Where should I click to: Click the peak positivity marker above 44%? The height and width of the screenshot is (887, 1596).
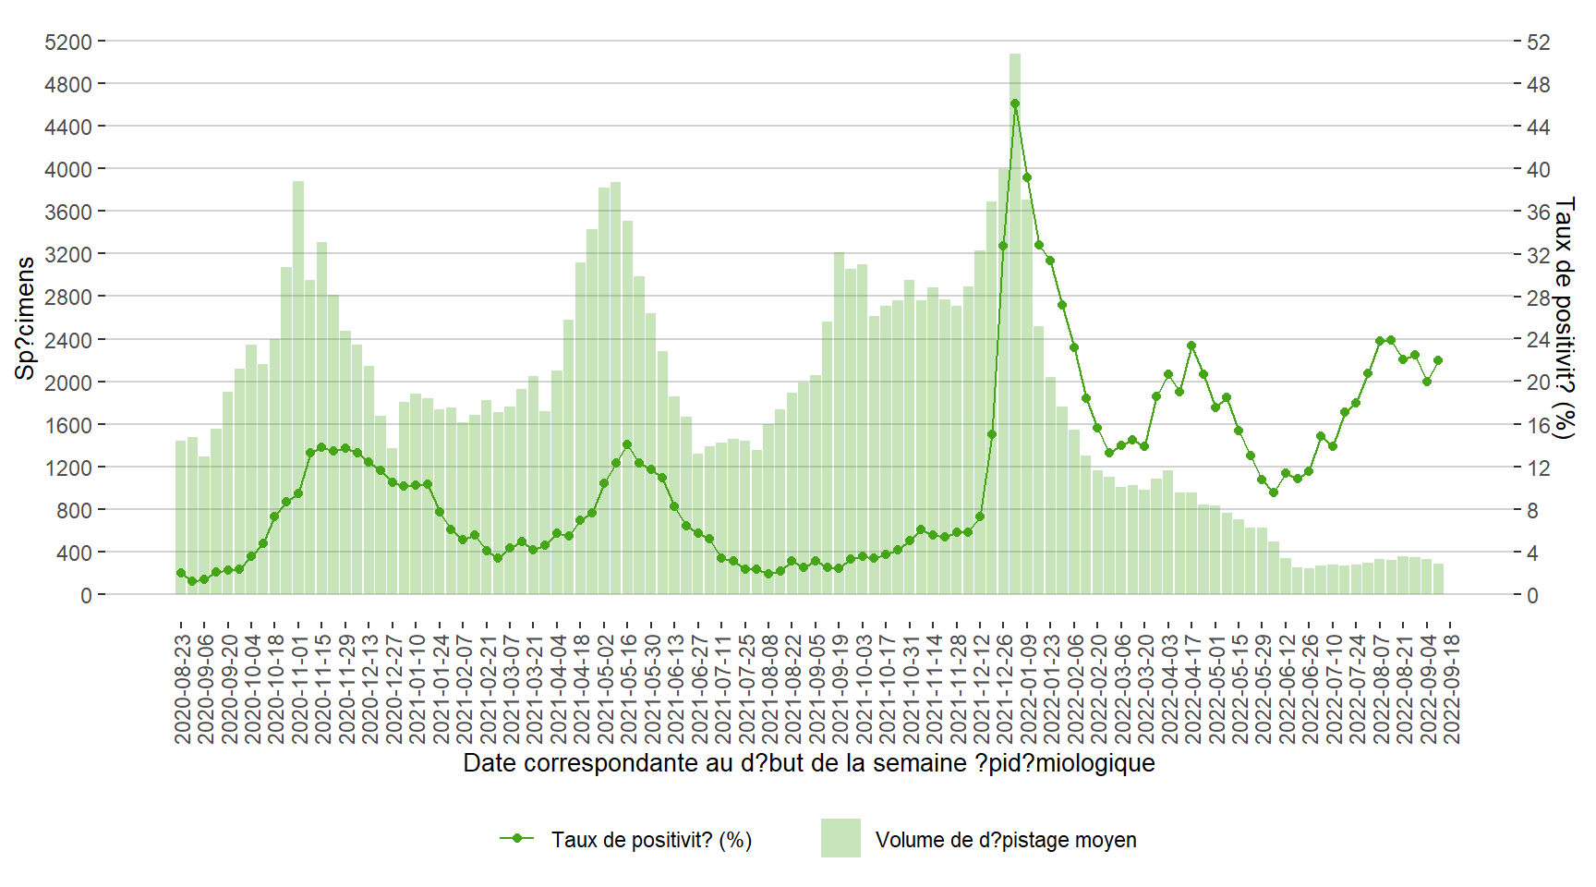tap(1015, 103)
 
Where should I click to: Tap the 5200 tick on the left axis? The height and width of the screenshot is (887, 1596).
tap(68, 42)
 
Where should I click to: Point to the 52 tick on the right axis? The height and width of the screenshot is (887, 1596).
tap(1538, 42)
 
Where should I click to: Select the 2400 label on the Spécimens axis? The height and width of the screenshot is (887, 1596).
tap(68, 340)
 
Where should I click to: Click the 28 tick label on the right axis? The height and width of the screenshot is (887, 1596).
tap(1538, 298)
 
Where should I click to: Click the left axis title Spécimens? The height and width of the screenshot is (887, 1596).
tap(25, 318)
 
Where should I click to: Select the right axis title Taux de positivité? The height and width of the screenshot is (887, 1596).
tap(1563, 318)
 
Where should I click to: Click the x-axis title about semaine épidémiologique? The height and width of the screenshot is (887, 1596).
tap(808, 763)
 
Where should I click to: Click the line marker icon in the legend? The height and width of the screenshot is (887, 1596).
tap(517, 839)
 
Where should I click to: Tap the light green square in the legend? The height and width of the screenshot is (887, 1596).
tap(840, 838)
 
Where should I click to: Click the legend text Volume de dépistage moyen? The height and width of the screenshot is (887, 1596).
tap(1006, 840)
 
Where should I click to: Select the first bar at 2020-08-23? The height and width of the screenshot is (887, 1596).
tap(181, 517)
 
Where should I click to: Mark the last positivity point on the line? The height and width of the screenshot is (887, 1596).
tap(1438, 360)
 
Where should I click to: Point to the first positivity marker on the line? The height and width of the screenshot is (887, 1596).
tap(181, 573)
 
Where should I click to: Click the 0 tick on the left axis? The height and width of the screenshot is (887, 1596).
tap(86, 596)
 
